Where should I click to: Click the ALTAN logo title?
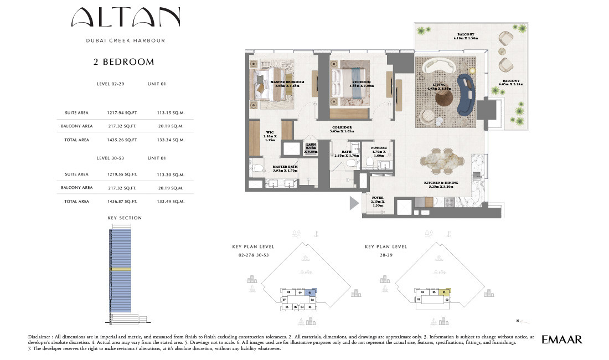pos(126,19)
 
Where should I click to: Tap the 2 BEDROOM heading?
pos(124,62)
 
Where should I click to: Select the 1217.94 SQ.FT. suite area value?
pos(122,112)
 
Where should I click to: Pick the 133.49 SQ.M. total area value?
pos(171,202)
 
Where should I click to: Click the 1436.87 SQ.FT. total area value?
pos(122,202)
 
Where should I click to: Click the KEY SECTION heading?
pos(125,218)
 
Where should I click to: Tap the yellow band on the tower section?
pos(121,269)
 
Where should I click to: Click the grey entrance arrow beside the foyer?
pos(353,203)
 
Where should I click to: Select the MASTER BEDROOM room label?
pos(288,84)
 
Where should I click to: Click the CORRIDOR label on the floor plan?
pos(341,130)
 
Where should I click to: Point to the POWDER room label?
pos(379,150)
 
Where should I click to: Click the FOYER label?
pos(378,200)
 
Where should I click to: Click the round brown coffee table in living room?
pos(444,97)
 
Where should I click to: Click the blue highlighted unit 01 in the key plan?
pos(311,292)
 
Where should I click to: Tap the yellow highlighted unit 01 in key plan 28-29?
pos(444,292)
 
